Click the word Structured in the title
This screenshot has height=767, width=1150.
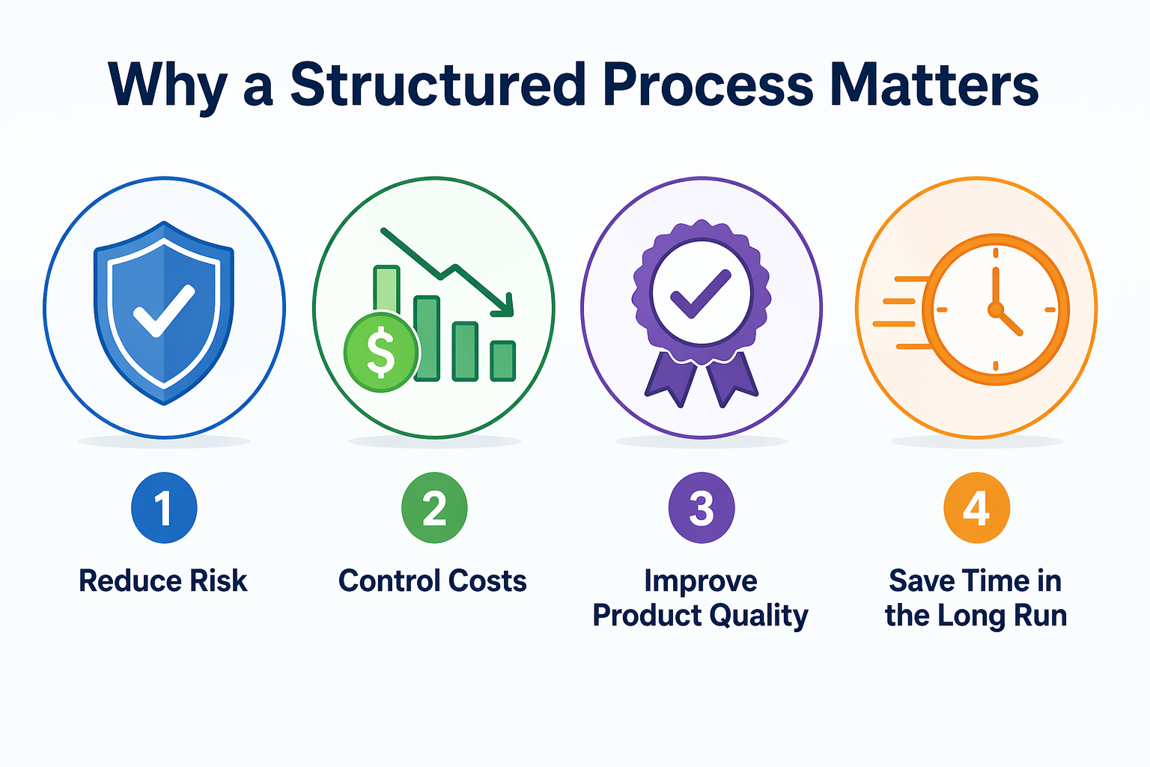[438, 84]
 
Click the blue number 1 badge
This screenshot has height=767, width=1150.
[164, 508]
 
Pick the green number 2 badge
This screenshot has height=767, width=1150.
[434, 508]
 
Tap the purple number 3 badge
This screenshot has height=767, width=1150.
[702, 508]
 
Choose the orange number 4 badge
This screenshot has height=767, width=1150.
[976, 508]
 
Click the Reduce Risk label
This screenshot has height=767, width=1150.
[163, 581]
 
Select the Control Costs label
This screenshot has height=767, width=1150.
[433, 581]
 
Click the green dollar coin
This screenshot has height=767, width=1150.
[380, 352]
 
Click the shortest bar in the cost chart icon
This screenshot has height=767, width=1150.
[502, 360]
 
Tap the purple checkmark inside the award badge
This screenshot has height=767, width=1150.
[700, 294]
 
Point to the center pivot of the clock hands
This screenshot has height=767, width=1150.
[995, 309]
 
